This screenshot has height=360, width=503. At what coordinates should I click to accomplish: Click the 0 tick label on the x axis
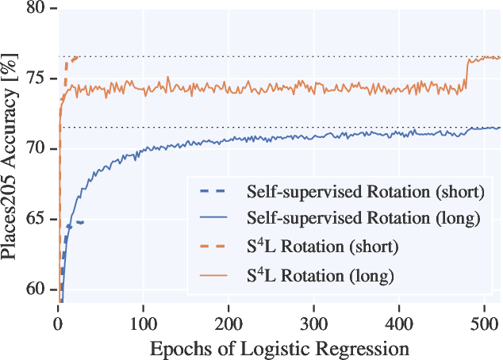click(x=58, y=324)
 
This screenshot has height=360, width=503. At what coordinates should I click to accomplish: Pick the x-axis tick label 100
click(x=143, y=324)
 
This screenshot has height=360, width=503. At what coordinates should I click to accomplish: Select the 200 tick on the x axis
click(x=228, y=324)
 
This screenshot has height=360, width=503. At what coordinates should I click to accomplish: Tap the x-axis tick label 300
click(x=314, y=324)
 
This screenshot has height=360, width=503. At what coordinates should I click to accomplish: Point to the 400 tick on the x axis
click(x=399, y=324)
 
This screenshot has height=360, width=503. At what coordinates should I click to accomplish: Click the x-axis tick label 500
click(x=485, y=324)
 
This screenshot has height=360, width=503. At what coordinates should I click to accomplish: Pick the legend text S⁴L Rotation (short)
click(x=323, y=247)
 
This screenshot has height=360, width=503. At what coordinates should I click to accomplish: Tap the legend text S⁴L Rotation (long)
click(x=321, y=276)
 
